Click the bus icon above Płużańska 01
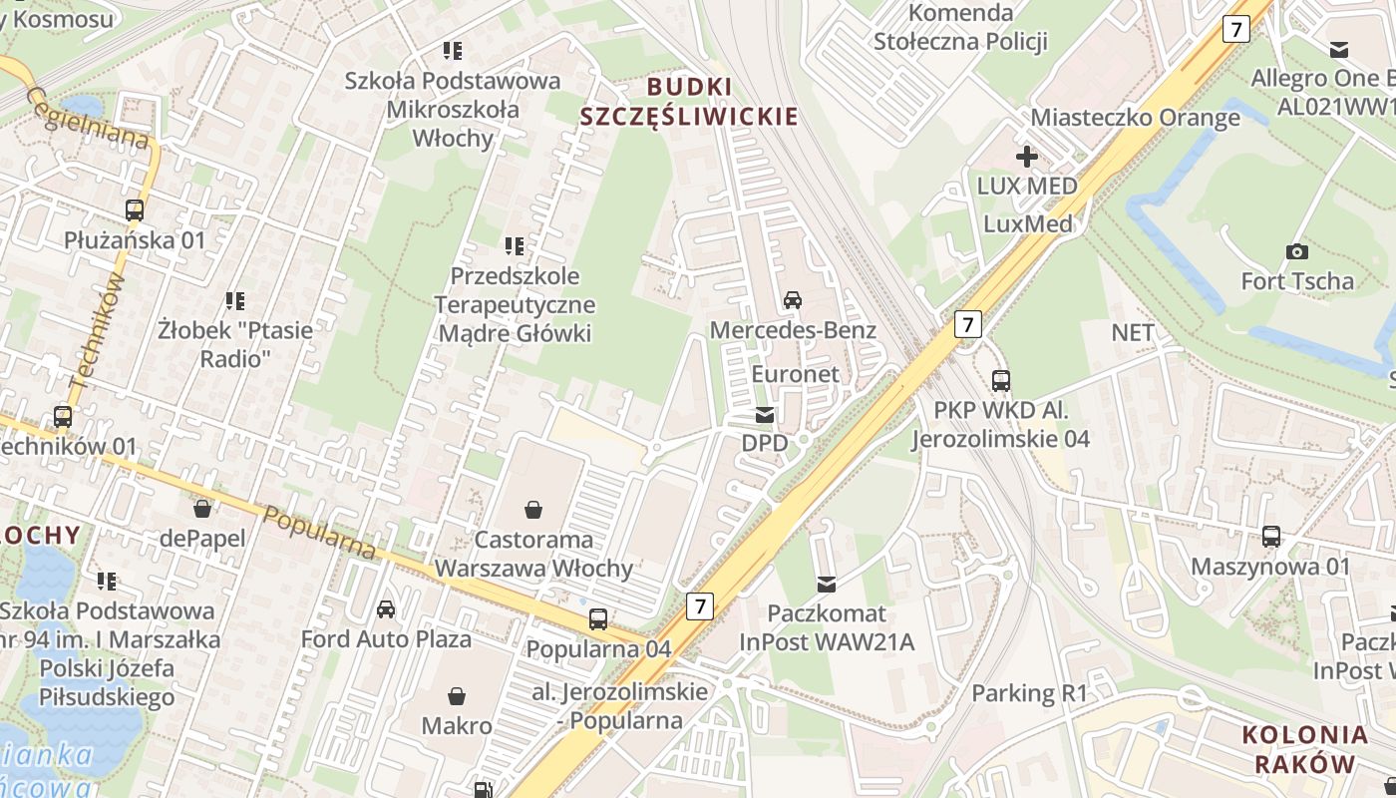(135, 210)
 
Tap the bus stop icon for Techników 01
(63, 417)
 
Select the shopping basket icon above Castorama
(534, 510)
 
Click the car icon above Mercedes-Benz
(793, 299)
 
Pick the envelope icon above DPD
(765, 414)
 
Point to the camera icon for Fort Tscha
(1297, 251)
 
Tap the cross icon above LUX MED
(1026, 157)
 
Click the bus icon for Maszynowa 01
(1271, 537)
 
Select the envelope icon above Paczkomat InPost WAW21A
(827, 584)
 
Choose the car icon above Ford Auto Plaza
(386, 608)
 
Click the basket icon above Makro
(457, 695)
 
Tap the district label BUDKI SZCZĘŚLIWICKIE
(689, 101)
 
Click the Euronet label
(795, 374)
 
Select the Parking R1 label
(1029, 692)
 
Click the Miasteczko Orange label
(1135, 117)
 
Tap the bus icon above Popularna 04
(598, 618)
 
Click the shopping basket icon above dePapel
(202, 509)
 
